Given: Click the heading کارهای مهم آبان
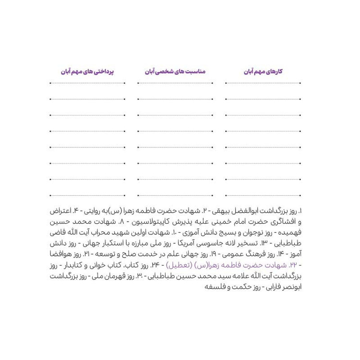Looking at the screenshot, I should (264, 71).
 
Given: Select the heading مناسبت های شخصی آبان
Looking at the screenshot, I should (175, 71).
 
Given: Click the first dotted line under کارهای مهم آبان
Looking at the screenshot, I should (264, 83).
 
